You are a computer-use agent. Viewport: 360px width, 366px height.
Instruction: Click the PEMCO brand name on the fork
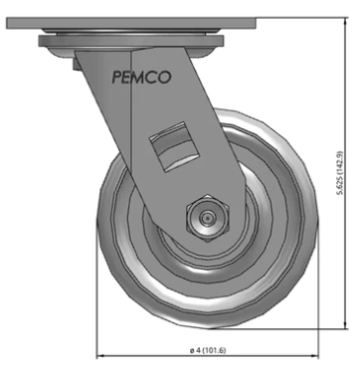(141, 77)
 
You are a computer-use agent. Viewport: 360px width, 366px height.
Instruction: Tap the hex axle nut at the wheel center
(208, 218)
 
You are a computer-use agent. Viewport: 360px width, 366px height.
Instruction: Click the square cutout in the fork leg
(174, 147)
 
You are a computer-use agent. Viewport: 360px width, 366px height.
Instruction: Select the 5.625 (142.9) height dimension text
(340, 173)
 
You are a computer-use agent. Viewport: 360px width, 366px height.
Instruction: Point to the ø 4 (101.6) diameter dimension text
(208, 350)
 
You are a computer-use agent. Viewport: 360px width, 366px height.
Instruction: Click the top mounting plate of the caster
(131, 23)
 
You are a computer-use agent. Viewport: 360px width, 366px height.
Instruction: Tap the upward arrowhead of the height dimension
(346, 21)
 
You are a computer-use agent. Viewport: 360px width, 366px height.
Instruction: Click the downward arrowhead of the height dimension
(346, 325)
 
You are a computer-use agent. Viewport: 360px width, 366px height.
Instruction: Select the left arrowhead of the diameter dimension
(100, 356)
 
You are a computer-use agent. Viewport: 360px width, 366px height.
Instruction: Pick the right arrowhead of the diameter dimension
(314, 356)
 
